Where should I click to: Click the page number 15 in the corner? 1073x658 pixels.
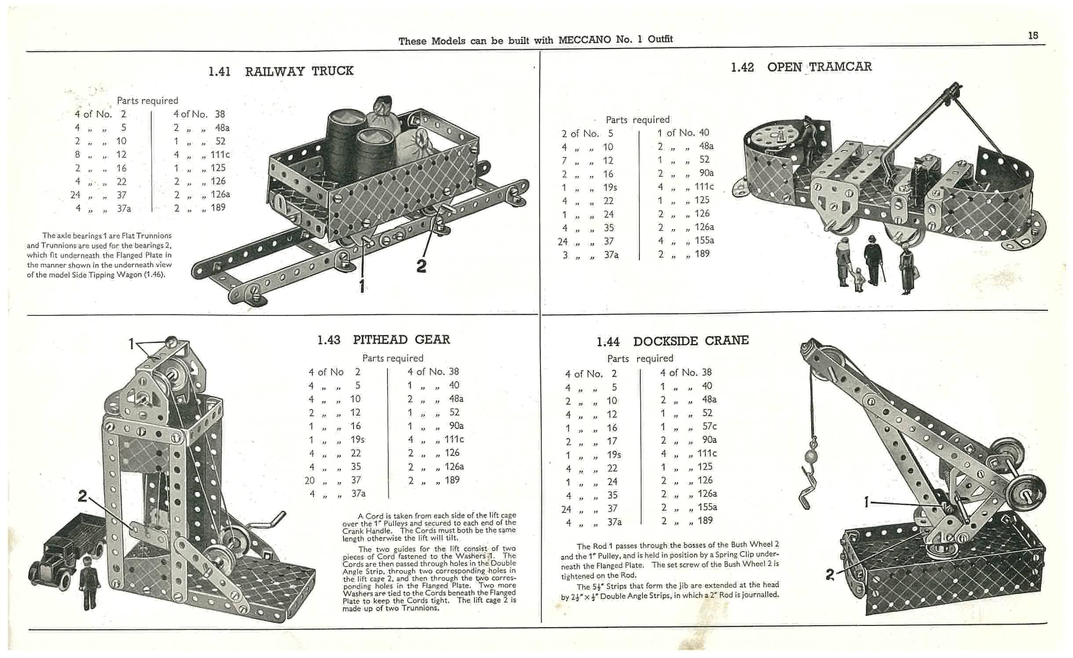point(1033,36)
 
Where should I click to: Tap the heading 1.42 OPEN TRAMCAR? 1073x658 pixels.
point(801,67)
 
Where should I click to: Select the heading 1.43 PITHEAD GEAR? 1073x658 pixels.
point(383,340)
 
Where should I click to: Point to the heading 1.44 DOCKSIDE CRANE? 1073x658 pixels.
point(672,341)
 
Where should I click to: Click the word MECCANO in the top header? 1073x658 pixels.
point(584,40)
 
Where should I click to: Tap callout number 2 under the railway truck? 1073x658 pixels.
point(421,266)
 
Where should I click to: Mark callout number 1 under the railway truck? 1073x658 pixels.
point(361,286)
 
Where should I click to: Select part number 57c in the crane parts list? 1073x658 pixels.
point(709,426)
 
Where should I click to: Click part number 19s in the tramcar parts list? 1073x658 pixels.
point(610,187)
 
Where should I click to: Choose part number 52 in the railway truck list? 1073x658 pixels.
point(220,141)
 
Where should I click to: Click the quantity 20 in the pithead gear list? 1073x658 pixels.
point(310,480)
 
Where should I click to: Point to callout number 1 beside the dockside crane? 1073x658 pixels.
point(866,502)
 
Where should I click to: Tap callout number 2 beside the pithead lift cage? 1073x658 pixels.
point(82,496)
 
